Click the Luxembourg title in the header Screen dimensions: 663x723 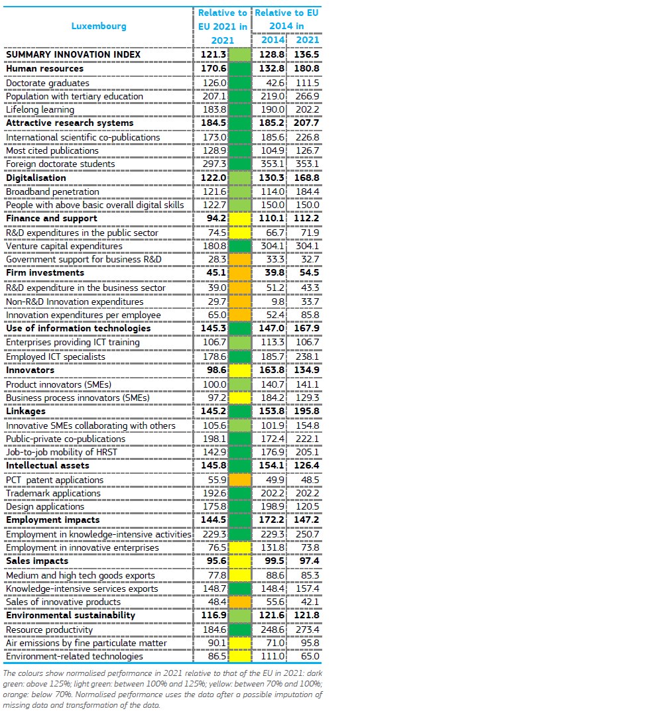(x=99, y=27)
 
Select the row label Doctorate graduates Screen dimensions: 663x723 (x=48, y=83)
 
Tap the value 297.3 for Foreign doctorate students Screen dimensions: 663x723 (x=215, y=164)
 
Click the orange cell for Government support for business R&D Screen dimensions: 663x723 (x=240, y=260)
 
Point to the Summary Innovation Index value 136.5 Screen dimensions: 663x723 (x=306, y=54)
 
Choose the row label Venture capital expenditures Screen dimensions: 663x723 (x=64, y=247)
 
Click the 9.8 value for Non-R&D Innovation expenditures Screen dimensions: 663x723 (x=278, y=302)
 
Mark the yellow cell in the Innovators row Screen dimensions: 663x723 (x=240, y=370)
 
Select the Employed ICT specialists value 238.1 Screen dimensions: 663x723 (x=307, y=357)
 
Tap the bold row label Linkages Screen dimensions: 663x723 (x=26, y=412)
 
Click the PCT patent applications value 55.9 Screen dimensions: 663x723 (x=217, y=480)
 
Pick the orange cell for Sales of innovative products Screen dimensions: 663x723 (x=240, y=602)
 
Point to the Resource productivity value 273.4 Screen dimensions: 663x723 (x=307, y=630)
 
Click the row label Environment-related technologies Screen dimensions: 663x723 (x=74, y=656)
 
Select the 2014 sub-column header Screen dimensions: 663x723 (x=272, y=40)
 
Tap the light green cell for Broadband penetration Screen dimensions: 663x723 (x=240, y=192)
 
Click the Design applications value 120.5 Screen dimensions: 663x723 (x=307, y=507)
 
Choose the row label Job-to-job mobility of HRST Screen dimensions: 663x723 (x=62, y=453)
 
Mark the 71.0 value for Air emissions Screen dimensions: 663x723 (x=275, y=643)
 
